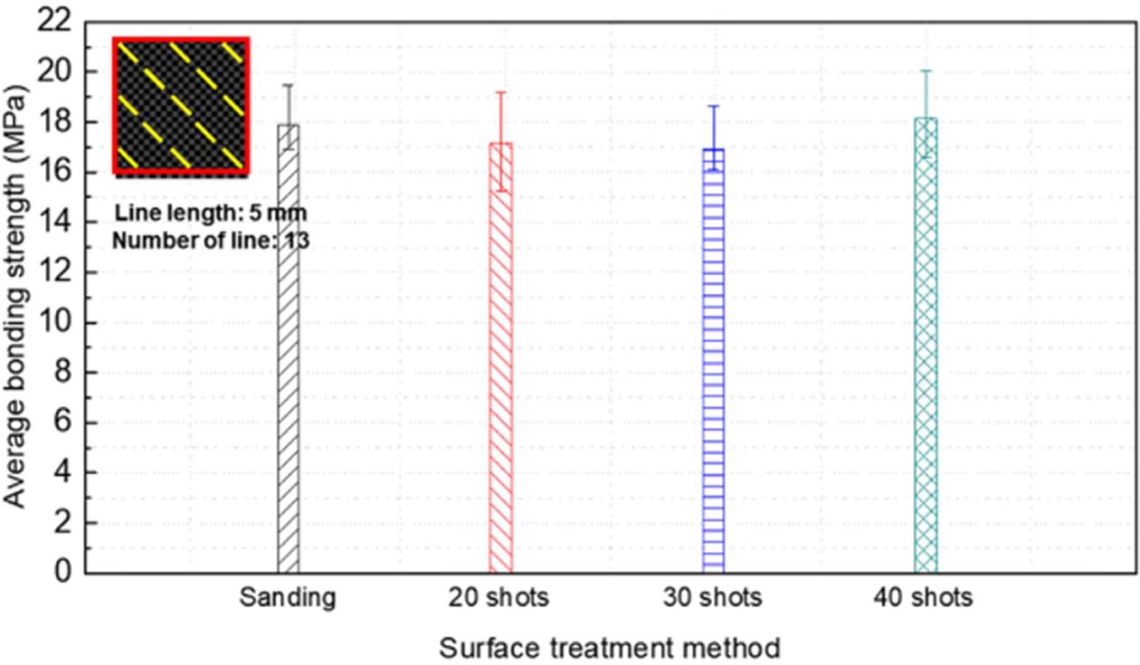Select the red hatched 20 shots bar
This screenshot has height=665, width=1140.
point(500,362)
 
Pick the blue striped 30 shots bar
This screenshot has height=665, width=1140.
point(714,362)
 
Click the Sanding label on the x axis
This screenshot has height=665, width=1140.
point(288,598)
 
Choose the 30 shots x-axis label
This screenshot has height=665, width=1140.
point(713,598)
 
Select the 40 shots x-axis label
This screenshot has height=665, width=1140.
point(924,598)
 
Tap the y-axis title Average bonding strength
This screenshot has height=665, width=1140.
point(20,298)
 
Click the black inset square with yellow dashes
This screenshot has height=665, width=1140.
point(181,105)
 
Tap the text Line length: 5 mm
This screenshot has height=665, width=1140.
point(212,214)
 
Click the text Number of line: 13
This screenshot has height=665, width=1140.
point(212,241)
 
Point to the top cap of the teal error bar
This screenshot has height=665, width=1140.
point(926,71)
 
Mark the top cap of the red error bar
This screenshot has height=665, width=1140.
point(500,92)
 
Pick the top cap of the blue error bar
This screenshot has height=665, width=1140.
point(714,106)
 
